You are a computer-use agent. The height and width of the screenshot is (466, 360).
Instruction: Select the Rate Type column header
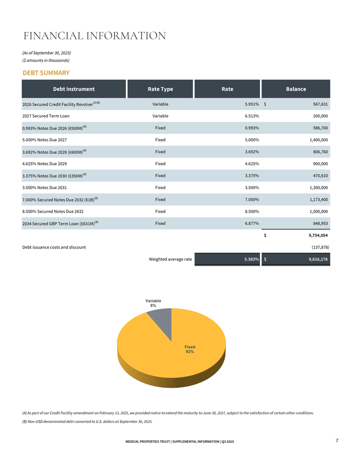click(160, 89)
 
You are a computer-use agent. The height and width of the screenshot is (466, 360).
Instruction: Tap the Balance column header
click(296, 89)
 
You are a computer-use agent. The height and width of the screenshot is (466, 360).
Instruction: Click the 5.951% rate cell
click(251, 104)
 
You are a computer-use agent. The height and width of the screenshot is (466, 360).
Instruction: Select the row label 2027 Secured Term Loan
click(46, 116)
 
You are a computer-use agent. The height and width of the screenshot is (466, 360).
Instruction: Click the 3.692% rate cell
click(251, 151)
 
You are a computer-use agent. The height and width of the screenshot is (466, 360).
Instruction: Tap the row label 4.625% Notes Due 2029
click(45, 164)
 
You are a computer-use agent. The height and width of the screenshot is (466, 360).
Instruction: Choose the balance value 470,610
click(317, 175)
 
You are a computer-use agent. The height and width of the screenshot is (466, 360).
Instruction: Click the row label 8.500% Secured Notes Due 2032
click(53, 211)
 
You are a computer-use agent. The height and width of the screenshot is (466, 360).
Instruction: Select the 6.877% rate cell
click(251, 223)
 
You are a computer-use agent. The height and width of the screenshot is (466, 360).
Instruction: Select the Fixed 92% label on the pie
click(189, 349)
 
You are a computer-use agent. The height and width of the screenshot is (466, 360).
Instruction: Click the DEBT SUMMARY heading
click(46, 73)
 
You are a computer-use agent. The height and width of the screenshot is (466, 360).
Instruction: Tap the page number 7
click(337, 440)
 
